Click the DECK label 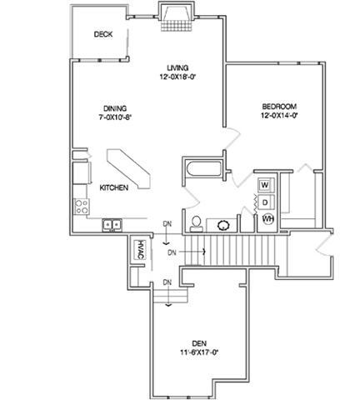click(103, 34)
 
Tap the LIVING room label click(177, 67)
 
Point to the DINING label click(115, 108)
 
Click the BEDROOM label click(279, 107)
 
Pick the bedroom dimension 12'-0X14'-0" click(279, 116)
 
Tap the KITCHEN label click(114, 187)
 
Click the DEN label click(199, 343)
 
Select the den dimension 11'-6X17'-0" click(199, 352)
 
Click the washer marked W click(266, 185)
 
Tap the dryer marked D click(266, 202)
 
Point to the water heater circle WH click(268, 219)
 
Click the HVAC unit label click(140, 250)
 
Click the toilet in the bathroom click(197, 223)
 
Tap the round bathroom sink click(222, 225)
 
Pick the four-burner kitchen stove click(82, 207)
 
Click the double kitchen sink click(112, 225)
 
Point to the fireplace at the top click(177, 17)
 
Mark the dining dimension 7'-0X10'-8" click(115, 117)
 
